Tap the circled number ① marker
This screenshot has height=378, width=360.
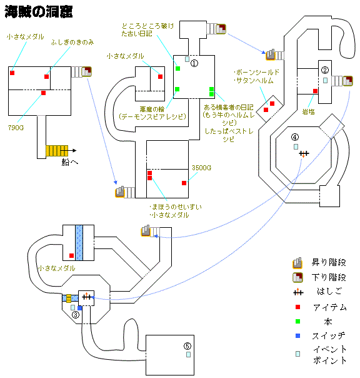pyautogui.click(x=194, y=63)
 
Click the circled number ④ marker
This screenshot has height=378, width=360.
pyautogui.click(x=295, y=138)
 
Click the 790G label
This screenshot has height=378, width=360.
pyautogui.click(x=16, y=128)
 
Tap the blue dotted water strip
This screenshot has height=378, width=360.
pyautogui.click(x=78, y=241)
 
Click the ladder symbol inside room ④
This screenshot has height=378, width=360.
pyautogui.click(x=304, y=153)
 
